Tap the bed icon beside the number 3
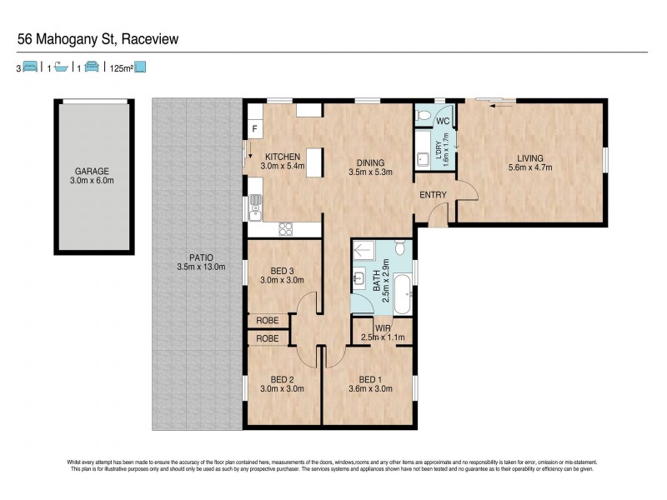click(30, 67)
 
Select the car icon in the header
click(92, 67)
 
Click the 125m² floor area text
click(122, 68)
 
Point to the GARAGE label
click(92, 170)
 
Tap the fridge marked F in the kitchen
click(253, 130)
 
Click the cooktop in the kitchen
click(286, 227)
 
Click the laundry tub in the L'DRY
click(423, 155)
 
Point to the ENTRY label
click(434, 196)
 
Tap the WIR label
click(382, 328)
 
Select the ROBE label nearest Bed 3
click(267, 320)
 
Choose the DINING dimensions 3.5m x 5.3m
click(369, 173)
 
